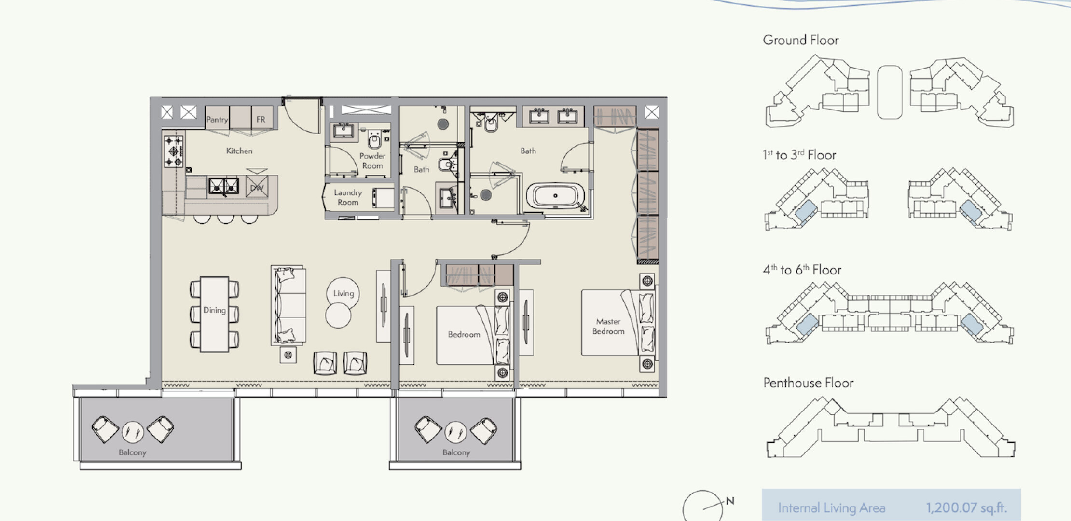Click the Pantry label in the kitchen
(x=217, y=119)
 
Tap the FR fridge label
(x=261, y=119)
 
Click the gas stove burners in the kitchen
(x=173, y=151)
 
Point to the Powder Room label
(x=372, y=161)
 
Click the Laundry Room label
(x=348, y=197)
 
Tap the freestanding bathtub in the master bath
(x=555, y=196)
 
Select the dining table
(x=214, y=314)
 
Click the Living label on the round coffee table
(x=343, y=293)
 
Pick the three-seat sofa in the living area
(x=288, y=305)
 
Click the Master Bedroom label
(x=608, y=326)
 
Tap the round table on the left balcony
(x=133, y=432)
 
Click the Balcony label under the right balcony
(x=456, y=452)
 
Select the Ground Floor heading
(x=801, y=40)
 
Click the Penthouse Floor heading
(x=809, y=383)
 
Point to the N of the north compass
(x=730, y=501)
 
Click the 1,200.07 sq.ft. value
(x=966, y=507)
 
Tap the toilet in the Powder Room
(x=375, y=139)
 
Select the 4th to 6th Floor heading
(x=802, y=269)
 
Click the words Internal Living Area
(x=832, y=508)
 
